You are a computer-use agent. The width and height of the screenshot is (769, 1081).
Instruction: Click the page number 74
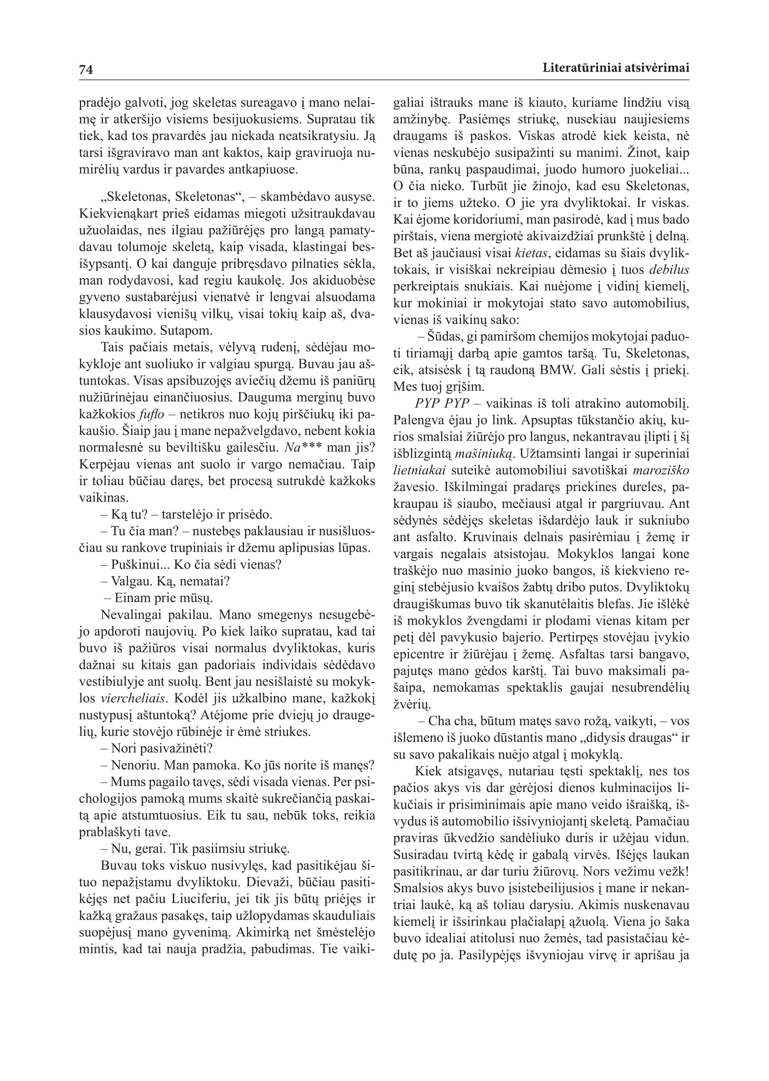pos(86,70)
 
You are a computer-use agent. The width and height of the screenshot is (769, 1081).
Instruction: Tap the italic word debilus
pos(669,270)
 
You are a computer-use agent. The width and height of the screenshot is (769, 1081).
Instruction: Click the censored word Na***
pos(302,448)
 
